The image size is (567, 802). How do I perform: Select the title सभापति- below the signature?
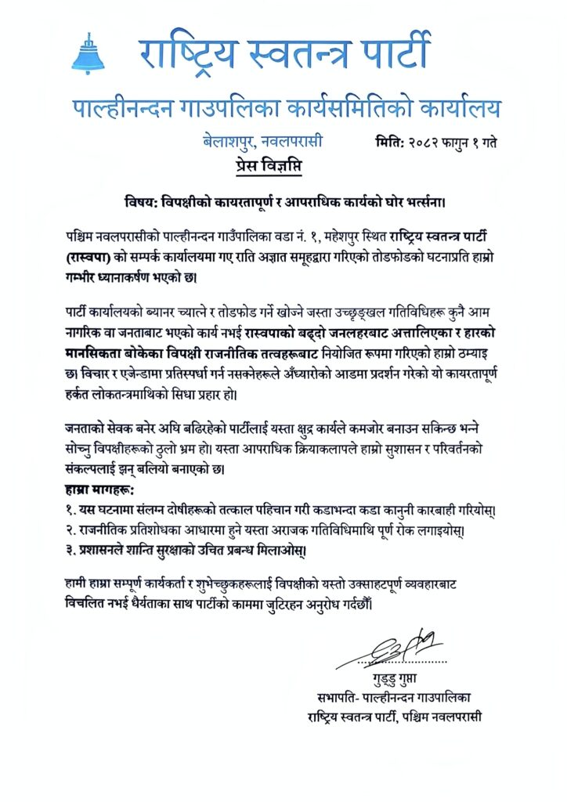pos(339,696)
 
